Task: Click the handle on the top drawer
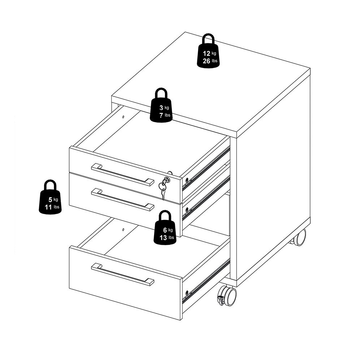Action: (x=123, y=175)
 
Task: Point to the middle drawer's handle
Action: (x=123, y=199)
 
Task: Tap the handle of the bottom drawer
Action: (x=123, y=274)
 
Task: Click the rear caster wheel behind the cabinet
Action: (x=298, y=237)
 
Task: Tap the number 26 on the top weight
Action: (x=206, y=61)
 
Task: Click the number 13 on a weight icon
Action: (x=163, y=238)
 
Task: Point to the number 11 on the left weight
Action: (x=49, y=207)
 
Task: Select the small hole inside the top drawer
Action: (x=123, y=117)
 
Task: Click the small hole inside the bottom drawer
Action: (x=123, y=229)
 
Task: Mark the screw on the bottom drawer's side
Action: (x=186, y=292)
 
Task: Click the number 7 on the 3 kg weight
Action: (x=161, y=115)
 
